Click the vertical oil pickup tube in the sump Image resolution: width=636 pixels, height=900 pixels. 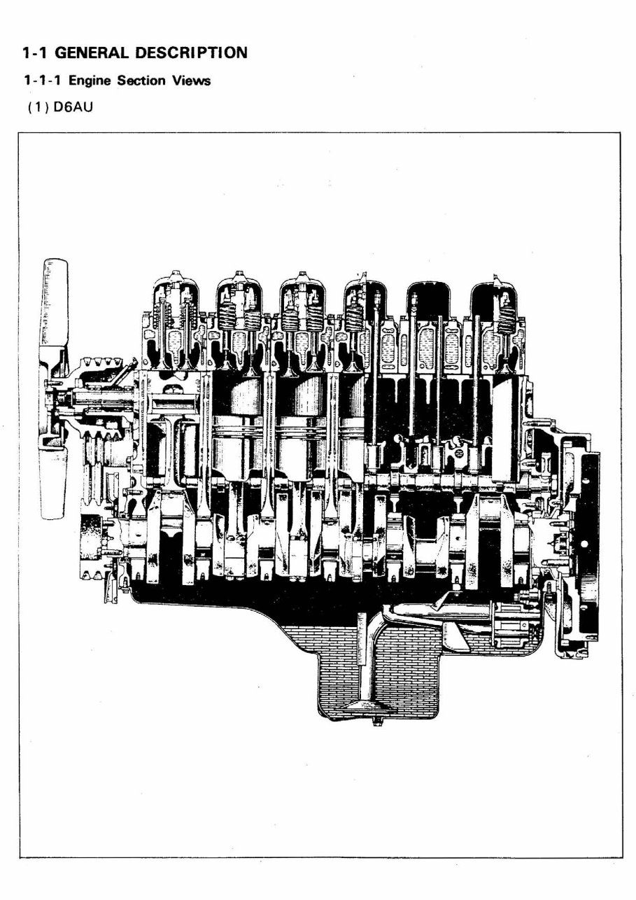point(363,658)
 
